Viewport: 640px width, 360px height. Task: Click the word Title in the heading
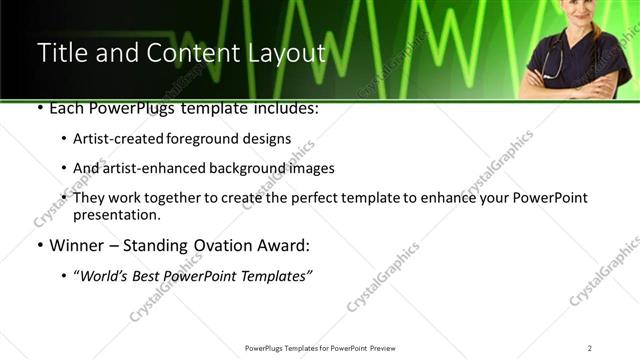click(62, 54)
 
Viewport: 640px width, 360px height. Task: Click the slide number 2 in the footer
click(590, 348)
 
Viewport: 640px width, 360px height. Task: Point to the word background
click(240, 168)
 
